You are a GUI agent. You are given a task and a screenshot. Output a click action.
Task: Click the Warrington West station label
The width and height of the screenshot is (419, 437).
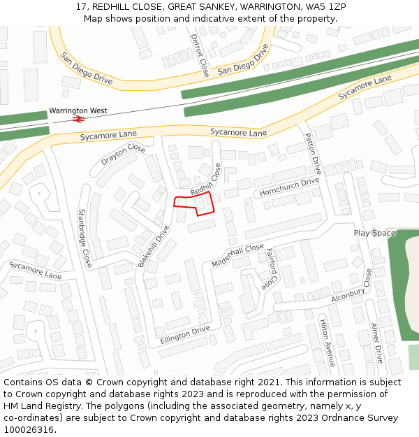(x=78, y=110)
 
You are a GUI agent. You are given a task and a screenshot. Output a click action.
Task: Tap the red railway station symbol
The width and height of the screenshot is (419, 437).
(x=78, y=120)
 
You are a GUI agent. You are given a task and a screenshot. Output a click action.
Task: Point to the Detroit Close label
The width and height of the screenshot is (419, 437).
(x=200, y=54)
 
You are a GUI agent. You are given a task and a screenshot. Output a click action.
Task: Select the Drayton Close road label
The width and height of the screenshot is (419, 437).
(x=123, y=155)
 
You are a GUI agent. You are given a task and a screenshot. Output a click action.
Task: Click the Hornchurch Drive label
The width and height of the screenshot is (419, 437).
(x=289, y=187)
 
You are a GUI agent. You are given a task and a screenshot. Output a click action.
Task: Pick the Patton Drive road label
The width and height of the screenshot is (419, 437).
(x=312, y=154)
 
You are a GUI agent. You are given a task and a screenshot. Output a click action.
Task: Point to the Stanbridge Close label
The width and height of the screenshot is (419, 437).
(x=84, y=238)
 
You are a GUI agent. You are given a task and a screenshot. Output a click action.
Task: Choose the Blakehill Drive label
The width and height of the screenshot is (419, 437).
(x=154, y=245)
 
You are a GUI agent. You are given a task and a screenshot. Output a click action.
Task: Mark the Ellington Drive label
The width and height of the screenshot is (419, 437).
(x=185, y=334)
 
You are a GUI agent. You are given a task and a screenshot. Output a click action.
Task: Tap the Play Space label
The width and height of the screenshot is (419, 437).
(x=374, y=233)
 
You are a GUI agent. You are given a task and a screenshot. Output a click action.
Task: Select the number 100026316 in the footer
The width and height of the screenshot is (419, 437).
(x=28, y=430)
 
